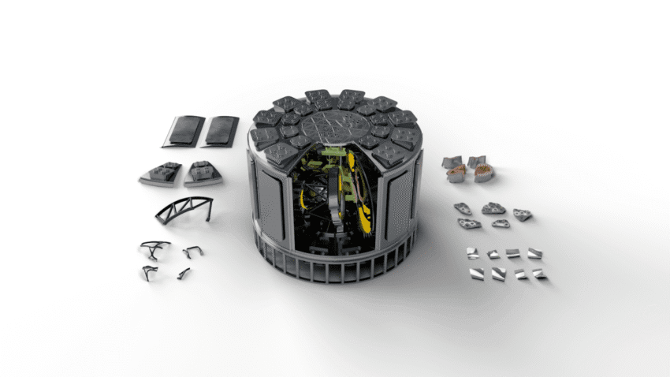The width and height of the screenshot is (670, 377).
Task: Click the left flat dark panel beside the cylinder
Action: (x=183, y=131)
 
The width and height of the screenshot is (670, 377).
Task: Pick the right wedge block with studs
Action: (x=203, y=172)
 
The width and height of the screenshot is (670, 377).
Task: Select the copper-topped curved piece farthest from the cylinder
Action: (x=484, y=173)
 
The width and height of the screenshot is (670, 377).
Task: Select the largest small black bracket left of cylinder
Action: (x=154, y=248)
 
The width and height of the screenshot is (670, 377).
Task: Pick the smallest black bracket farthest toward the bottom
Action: (x=184, y=273)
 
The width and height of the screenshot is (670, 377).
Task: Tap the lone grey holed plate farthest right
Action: (x=522, y=215)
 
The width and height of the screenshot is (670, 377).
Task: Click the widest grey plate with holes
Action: (x=493, y=209)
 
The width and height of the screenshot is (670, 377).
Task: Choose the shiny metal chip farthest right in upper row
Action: (x=534, y=253)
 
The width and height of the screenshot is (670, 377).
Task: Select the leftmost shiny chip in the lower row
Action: (x=478, y=274)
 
